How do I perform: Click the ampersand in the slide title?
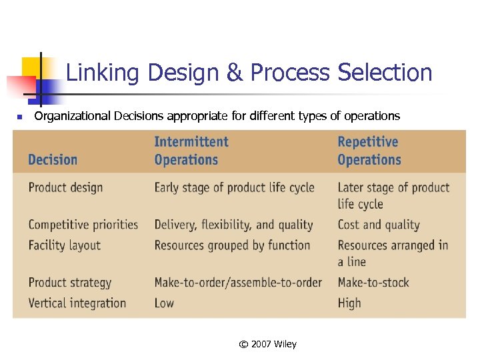coord(235,73)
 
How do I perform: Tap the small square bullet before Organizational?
coord(20,117)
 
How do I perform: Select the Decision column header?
coord(53,160)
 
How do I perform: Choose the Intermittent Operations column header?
coord(191,151)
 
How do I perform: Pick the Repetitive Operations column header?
coord(369,151)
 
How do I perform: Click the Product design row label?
coord(65,188)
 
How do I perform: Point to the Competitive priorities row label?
coord(83,225)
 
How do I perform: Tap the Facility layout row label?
coord(64,245)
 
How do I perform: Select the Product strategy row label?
coord(70,283)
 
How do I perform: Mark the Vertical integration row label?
coord(77,303)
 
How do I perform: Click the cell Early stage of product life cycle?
coord(234,188)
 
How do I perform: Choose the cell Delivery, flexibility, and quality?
coord(233,225)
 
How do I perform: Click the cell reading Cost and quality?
coord(378,225)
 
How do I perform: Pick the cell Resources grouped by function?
coord(232,245)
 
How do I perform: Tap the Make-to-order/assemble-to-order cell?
coord(238,283)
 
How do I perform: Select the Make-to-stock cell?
coord(373,283)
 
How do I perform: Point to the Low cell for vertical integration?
coord(164,303)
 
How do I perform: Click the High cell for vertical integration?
coord(349,303)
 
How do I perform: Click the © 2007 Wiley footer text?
coord(267,344)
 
